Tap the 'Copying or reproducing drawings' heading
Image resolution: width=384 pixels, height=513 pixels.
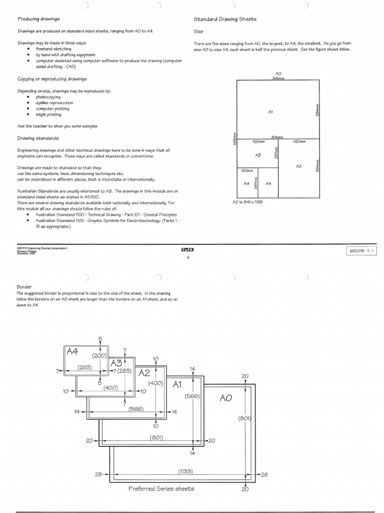point(52,79)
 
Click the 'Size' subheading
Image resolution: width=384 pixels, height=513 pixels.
point(198,31)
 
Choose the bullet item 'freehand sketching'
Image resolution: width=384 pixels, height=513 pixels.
point(53,49)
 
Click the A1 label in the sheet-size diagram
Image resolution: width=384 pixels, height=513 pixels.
point(270,112)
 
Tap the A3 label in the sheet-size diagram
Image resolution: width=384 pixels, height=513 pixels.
point(258,155)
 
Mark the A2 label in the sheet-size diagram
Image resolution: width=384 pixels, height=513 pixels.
point(298,166)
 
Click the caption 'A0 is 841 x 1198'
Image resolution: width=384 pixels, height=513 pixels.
point(247,202)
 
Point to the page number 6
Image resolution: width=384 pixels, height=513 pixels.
point(187,258)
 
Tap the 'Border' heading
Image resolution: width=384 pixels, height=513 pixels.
point(24,287)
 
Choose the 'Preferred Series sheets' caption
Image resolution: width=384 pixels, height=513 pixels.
point(161,488)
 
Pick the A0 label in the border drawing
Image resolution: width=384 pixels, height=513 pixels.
point(225,398)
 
